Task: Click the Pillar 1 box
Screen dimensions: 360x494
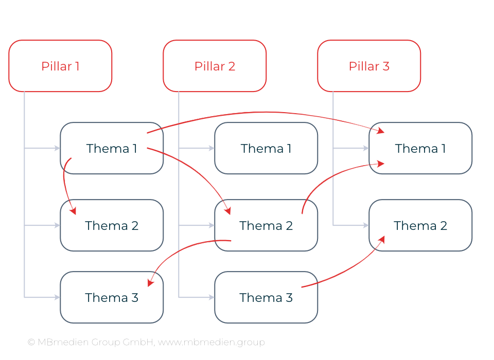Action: tap(60, 66)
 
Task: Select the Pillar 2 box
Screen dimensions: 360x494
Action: tap(215, 66)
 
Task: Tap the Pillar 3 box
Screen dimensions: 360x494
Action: tap(369, 66)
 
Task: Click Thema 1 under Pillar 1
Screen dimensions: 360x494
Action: tap(112, 148)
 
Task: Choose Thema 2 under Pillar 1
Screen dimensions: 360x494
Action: tap(112, 225)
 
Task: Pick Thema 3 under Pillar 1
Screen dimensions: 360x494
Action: tap(112, 297)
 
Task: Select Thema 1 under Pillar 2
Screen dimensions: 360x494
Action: tap(266, 148)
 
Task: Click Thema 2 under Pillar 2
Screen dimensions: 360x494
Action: tap(266, 225)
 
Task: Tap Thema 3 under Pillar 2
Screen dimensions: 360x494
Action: tap(266, 297)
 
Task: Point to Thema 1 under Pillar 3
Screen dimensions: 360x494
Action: tap(420, 148)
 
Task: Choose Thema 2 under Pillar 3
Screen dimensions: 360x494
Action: tap(420, 225)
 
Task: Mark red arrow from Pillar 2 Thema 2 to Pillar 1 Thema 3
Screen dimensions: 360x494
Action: tap(180, 252)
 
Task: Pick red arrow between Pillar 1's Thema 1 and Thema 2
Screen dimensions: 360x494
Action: tap(65, 185)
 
